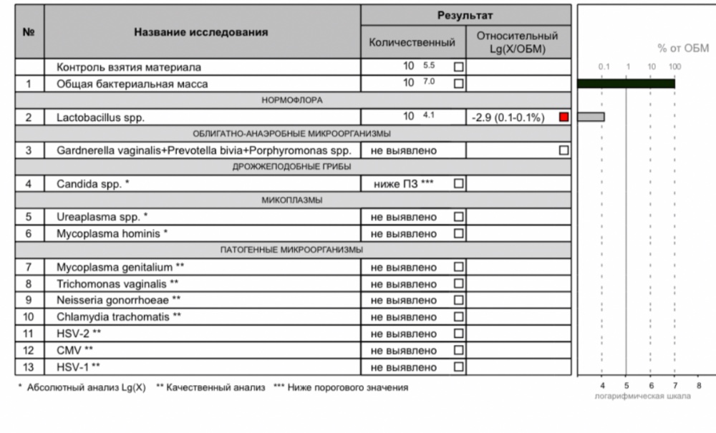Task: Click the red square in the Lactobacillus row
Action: (563, 117)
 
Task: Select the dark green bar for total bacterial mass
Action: (626, 84)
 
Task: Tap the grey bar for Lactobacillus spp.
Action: (591, 117)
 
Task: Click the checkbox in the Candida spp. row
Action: (459, 184)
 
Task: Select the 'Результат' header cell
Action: (465, 15)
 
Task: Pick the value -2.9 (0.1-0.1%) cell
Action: (509, 117)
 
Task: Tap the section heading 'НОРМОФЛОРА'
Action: (293, 100)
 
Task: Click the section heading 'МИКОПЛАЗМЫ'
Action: (293, 200)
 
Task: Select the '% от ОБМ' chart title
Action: (683, 49)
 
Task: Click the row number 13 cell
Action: (29, 367)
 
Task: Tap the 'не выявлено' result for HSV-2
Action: (403, 334)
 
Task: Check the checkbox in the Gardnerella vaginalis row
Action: (563, 151)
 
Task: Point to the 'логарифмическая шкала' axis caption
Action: (643, 396)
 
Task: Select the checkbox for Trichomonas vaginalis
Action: (459, 284)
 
